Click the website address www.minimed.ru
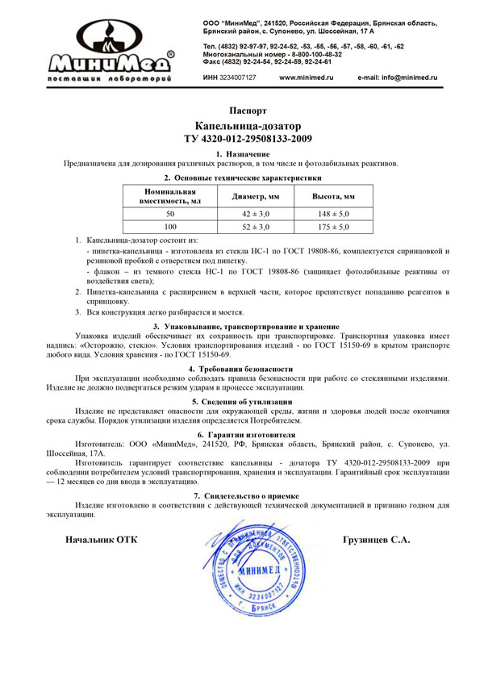pyautogui.click(x=306, y=77)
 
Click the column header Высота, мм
pyautogui.click(x=333, y=196)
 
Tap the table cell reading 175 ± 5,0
pyautogui.click(x=333, y=228)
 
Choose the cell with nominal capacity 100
pyautogui.click(x=170, y=228)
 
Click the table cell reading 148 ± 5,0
pyautogui.click(x=333, y=214)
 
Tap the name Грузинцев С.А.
pyautogui.click(x=376, y=539)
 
